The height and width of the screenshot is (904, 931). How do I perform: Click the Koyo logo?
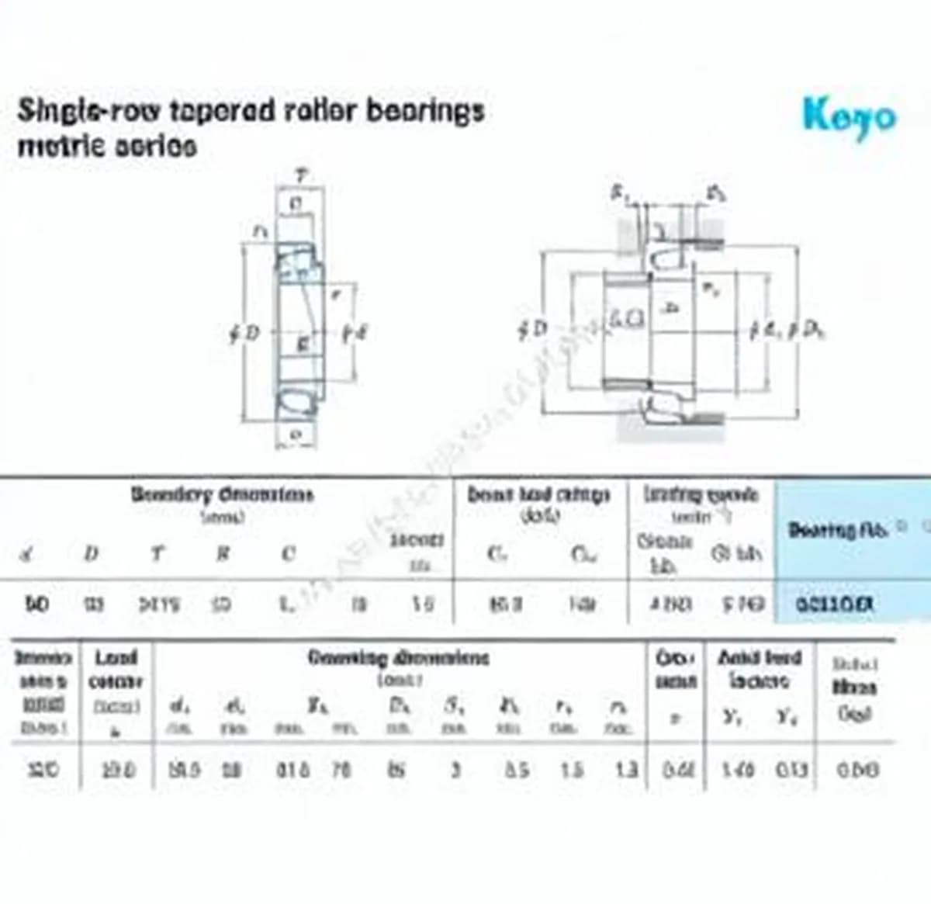click(x=849, y=116)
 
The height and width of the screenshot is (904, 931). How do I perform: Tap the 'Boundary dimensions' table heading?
click(x=222, y=494)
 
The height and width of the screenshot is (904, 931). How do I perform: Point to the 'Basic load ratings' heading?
click(x=538, y=494)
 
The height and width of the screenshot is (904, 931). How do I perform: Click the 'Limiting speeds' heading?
click(x=701, y=494)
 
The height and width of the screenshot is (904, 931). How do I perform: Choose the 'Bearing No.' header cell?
click(x=843, y=530)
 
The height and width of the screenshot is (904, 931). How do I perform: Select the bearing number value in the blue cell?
click(x=835, y=604)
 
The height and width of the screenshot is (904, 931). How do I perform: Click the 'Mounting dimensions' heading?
click(x=399, y=658)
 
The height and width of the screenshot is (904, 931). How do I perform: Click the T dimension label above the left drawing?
click(x=300, y=177)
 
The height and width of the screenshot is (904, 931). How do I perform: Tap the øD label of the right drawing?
click(x=532, y=329)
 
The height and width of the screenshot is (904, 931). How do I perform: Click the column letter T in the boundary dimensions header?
click(x=157, y=553)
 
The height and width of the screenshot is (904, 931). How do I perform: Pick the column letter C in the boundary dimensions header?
click(x=288, y=553)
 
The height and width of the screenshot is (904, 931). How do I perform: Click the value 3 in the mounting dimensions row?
click(x=456, y=770)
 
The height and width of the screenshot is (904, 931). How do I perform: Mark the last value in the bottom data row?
click(x=857, y=770)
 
